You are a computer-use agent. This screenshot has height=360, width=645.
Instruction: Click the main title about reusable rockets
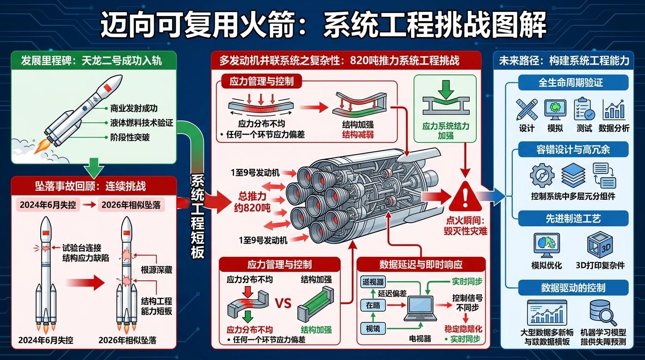pyautogui.click(x=323, y=24)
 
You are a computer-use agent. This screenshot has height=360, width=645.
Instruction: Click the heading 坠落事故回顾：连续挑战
pyautogui.click(x=90, y=186)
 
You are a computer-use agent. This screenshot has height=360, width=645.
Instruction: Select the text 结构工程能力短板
pyautogui.click(x=157, y=306)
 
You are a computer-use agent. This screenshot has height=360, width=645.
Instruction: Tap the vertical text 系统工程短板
pyautogui.click(x=197, y=216)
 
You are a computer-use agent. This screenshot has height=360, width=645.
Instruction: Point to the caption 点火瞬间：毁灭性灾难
pyautogui.click(x=466, y=225)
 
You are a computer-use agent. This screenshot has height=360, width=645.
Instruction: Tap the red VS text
pyautogui.click(x=283, y=303)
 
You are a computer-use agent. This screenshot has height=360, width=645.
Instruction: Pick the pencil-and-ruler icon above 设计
pyautogui.click(x=526, y=109)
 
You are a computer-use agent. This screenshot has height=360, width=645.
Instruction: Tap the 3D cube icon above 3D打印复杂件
pyautogui.click(x=600, y=246)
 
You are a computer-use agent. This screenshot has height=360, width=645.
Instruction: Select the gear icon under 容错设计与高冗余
pyautogui.click(x=541, y=176)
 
